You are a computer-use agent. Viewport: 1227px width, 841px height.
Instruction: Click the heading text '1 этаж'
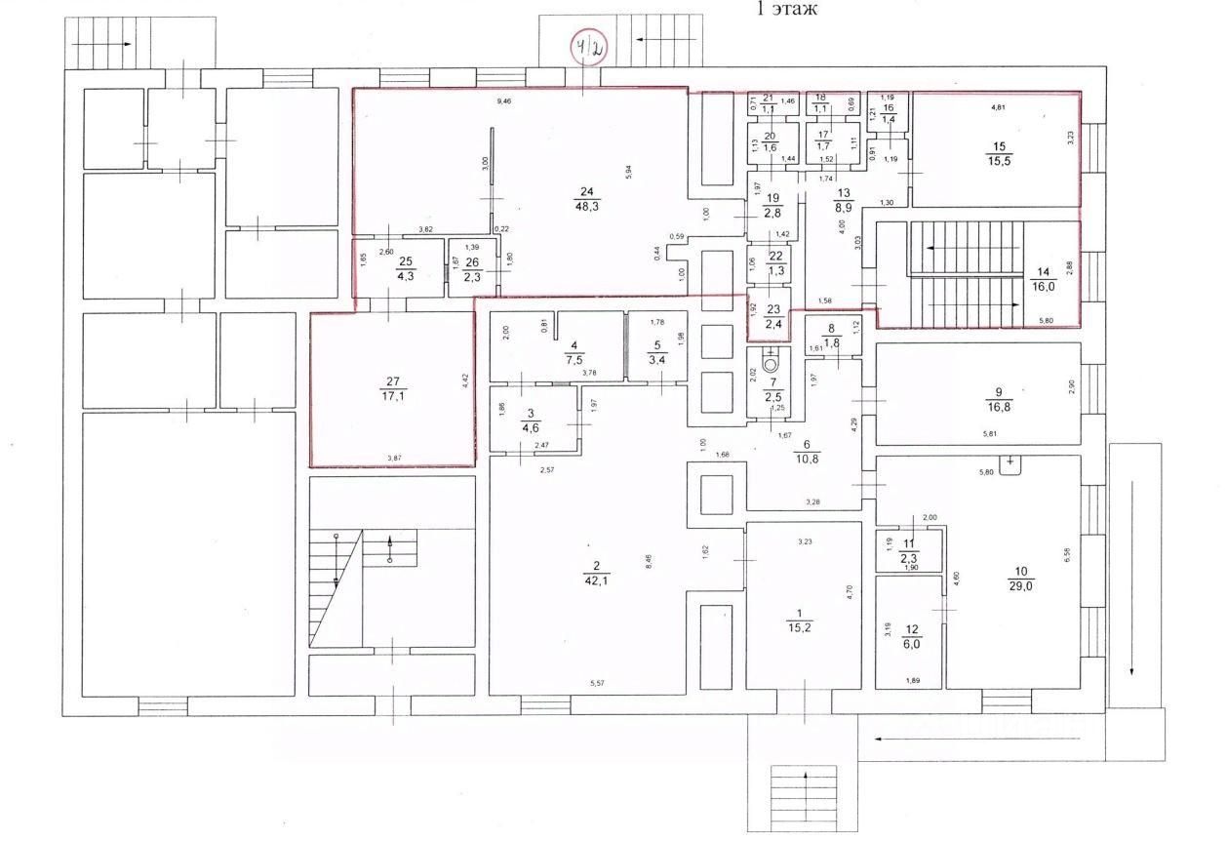pos(787,10)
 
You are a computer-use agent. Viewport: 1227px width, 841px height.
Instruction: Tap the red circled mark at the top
pos(589,47)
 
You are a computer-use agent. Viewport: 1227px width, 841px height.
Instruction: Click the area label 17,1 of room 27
pos(394,396)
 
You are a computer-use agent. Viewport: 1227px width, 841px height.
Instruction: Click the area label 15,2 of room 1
pos(799,628)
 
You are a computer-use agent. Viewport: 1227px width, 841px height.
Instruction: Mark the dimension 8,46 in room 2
pos(650,561)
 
